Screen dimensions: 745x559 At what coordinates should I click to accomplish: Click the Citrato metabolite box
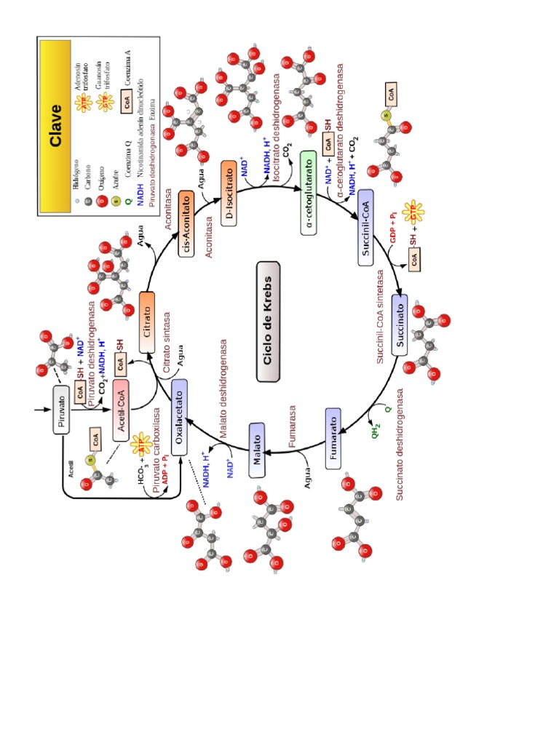147,321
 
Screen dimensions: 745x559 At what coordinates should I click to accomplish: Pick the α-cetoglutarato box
309,193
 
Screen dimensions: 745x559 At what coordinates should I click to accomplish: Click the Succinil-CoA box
365,228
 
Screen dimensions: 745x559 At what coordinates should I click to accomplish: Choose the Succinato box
400,324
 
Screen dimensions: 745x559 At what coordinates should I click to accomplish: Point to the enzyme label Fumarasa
293,429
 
